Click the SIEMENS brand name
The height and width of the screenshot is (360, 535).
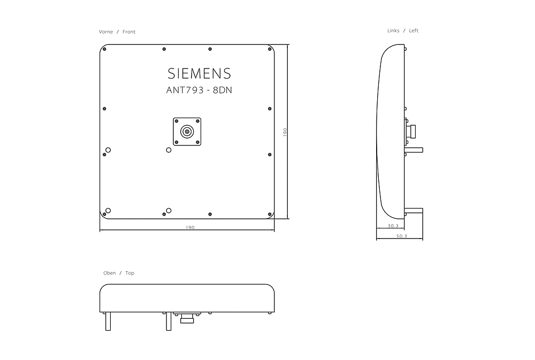199,73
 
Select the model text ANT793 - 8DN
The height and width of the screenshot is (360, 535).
199,90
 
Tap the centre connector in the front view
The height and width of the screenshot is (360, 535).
187,131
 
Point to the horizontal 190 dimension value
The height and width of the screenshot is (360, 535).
190,227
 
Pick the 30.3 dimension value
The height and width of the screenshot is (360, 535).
393,226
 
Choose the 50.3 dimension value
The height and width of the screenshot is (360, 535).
401,236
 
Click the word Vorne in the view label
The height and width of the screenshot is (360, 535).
106,32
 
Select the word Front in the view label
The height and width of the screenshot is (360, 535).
129,32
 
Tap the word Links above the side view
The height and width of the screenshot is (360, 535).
393,31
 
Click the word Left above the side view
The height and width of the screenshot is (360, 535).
414,31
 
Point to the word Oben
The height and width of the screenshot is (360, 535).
109,273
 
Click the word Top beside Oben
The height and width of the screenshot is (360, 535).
130,273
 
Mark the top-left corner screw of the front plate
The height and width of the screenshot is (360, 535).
104,49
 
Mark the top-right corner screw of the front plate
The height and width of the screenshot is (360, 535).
269,49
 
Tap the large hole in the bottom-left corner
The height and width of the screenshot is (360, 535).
108,210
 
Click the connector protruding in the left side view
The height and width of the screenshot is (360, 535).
414,130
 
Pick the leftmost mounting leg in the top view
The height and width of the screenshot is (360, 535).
108,321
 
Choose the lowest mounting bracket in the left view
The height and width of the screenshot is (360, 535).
414,210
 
